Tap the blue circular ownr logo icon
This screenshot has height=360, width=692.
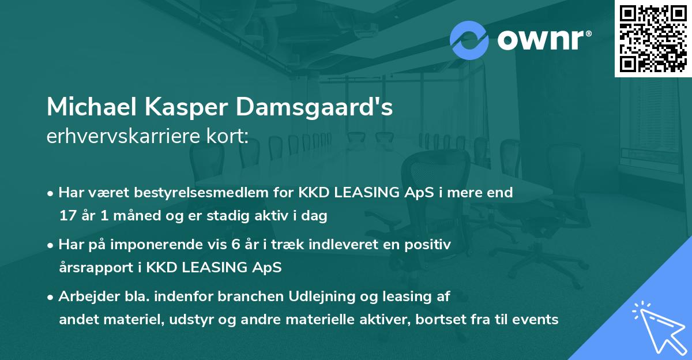click(469, 39)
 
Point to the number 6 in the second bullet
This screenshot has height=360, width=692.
click(234, 245)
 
